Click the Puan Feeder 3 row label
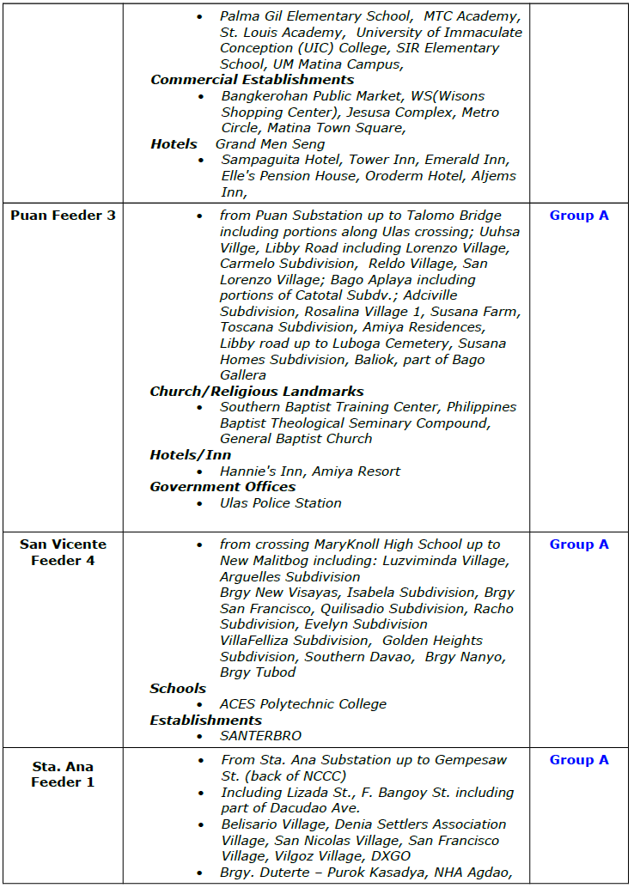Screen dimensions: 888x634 [x=63, y=215]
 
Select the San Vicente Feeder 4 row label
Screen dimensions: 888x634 [x=63, y=552]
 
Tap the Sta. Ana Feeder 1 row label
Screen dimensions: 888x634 [x=63, y=774]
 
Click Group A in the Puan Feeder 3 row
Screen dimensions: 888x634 [x=579, y=215]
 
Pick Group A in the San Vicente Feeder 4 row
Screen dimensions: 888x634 [x=579, y=544]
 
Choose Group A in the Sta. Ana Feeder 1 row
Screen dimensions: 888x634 [x=579, y=759]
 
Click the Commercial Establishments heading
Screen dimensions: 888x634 [x=252, y=80]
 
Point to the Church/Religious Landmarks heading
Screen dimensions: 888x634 [x=257, y=391]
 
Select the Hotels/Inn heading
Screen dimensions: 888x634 [x=190, y=454]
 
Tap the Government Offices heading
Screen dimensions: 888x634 [x=223, y=486]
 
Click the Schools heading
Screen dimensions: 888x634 [x=178, y=688]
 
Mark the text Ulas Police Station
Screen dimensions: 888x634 [x=280, y=502]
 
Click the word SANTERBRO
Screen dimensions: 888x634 [x=260, y=735]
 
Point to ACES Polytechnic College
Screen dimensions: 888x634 [x=303, y=703]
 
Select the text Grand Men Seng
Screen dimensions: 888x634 [x=270, y=143]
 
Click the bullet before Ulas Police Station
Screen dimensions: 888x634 [x=200, y=503]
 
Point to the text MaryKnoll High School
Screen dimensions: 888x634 [x=394, y=544]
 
